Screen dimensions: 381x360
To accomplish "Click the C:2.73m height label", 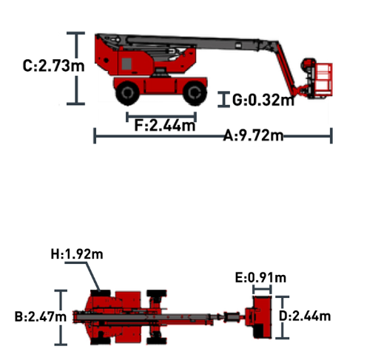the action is click(53, 66).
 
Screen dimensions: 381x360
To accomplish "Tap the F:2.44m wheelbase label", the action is click(165, 125).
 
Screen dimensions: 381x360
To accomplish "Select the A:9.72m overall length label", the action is click(253, 135).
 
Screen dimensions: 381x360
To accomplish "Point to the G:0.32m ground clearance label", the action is click(263, 100).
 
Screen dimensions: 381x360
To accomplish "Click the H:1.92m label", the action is click(77, 254).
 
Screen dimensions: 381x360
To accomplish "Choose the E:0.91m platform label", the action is click(260, 278).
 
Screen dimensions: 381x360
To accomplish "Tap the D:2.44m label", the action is click(305, 316).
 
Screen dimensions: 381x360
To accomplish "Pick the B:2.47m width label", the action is click(41, 316).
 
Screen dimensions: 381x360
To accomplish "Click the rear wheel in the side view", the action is click(127, 93).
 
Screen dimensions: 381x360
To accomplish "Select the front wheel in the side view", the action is click(195, 93).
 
